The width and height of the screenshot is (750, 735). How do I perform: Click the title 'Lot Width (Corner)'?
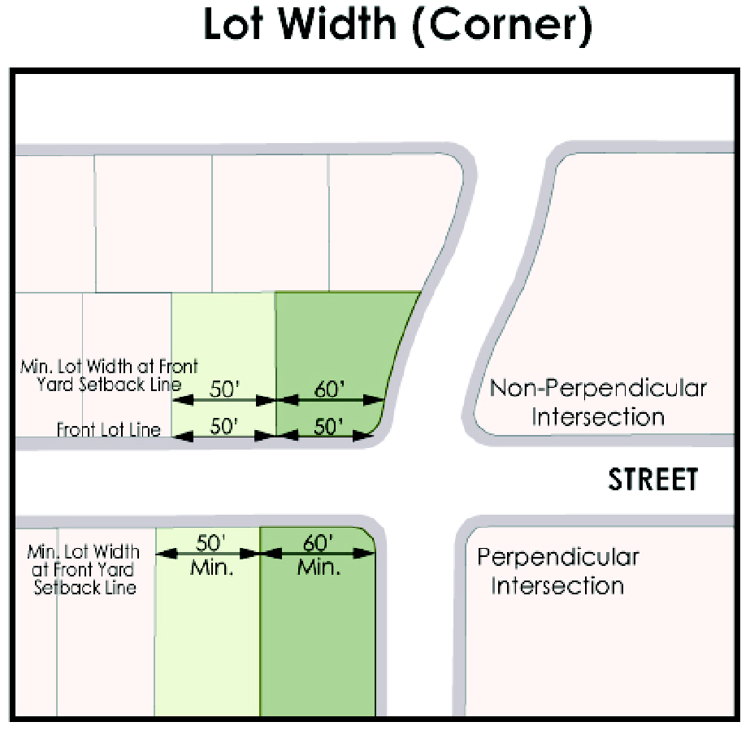397,27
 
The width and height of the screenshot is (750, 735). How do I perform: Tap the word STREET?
653,480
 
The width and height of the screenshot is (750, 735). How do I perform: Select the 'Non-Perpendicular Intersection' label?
598,402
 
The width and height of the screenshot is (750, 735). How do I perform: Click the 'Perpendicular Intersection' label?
557,572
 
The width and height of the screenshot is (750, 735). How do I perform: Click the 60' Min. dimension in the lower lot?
318,553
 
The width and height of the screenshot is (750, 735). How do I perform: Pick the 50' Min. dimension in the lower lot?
211,553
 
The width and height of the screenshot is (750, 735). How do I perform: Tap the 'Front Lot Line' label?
109,429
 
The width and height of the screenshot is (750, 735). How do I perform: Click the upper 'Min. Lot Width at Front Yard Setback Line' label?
108,376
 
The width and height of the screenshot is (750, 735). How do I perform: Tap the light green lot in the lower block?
207,642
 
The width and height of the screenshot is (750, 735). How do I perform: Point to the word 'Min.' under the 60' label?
318,567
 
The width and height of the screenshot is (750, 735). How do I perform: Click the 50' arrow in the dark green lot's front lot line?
329,426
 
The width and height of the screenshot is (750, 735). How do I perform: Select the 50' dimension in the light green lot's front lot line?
223,426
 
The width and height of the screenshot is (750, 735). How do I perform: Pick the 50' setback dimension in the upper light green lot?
223,390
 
